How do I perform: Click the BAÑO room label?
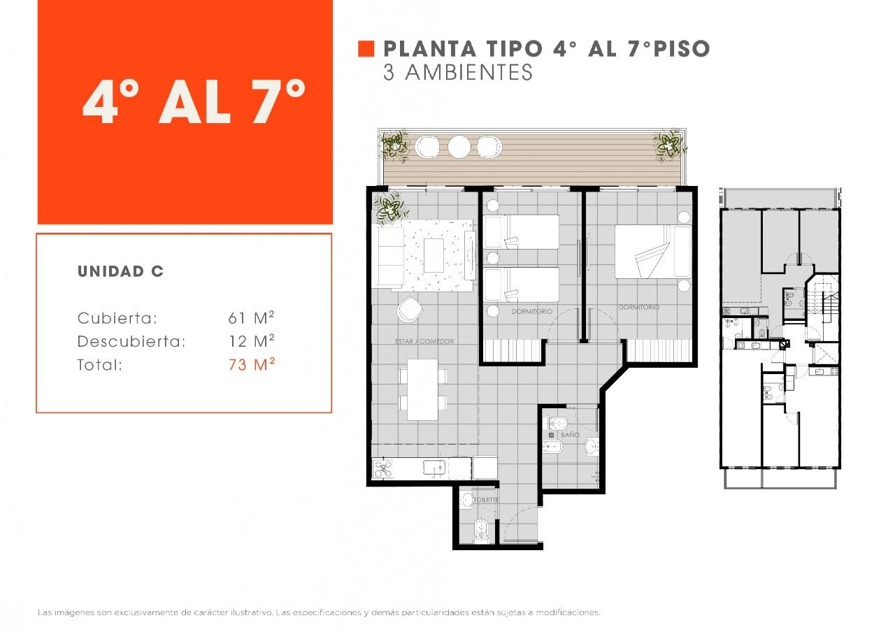click(570, 435)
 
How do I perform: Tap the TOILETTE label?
click(486, 500)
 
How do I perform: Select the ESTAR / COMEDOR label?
click(424, 341)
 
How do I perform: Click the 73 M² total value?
click(252, 364)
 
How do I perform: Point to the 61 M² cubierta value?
click(251, 318)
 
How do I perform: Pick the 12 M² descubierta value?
click(252, 341)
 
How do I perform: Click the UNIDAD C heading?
click(121, 272)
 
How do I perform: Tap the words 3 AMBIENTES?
click(458, 72)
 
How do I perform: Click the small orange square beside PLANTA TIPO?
click(366, 49)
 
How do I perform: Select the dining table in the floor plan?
click(423, 389)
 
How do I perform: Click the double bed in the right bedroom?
click(653, 251)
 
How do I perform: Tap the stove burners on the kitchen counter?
click(383, 468)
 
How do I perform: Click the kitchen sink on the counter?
click(434, 468)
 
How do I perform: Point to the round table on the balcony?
click(459, 147)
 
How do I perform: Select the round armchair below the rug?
click(410, 309)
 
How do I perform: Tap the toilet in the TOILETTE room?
click(482, 531)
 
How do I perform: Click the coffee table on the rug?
click(434, 255)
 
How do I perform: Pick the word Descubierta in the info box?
click(131, 342)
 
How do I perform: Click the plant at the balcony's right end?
click(669, 145)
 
